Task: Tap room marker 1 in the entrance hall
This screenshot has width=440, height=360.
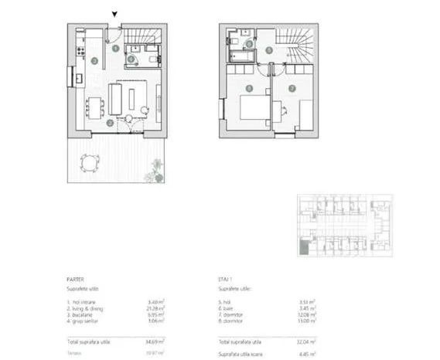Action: pos(114,48)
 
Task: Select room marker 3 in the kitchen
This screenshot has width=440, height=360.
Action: pos(93,60)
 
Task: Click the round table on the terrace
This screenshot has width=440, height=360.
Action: pos(90,162)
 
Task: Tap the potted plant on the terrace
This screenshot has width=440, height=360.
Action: pos(157,168)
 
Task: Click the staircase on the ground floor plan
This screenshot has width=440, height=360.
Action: pos(145,36)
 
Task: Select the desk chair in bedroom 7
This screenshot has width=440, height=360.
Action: pos(285,108)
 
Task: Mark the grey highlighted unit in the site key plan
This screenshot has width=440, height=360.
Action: pos(305,246)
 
